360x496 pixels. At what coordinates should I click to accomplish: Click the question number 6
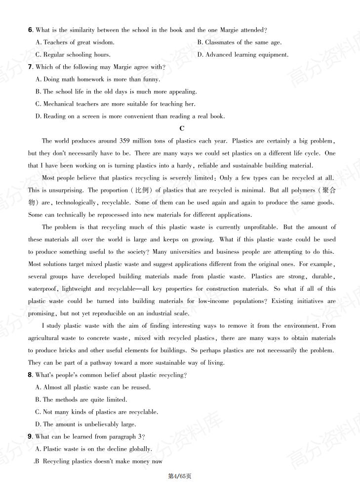tap(30, 30)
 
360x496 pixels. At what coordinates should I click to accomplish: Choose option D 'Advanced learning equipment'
tap(242, 55)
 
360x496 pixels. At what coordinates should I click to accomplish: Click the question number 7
tap(30, 67)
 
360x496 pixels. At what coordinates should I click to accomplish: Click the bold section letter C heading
tap(182, 128)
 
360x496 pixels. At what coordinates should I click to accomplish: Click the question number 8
tap(30, 376)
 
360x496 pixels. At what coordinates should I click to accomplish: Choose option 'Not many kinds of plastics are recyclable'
tap(97, 412)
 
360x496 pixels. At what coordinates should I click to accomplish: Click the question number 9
tap(30, 437)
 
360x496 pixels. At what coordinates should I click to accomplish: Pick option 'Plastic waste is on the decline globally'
tap(94, 449)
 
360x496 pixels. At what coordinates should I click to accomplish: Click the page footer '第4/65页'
tap(180, 476)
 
